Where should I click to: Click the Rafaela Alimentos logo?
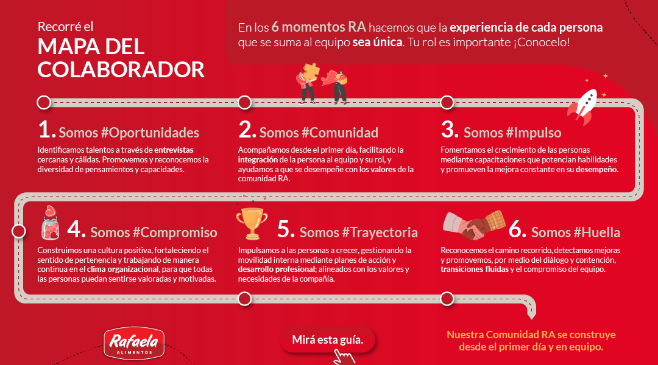click(134, 343)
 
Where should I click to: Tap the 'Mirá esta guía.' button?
click(328, 340)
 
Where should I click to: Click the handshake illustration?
click(474, 226)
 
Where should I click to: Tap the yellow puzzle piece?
click(311, 72)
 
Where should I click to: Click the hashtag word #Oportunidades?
click(150, 133)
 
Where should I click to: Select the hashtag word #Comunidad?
click(340, 133)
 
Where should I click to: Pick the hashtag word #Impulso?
click(533, 133)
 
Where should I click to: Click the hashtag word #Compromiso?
click(175, 232)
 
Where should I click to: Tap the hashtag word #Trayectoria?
click(380, 232)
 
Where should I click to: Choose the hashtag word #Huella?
click(596, 232)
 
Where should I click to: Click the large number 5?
click(286, 229)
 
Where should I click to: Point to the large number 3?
click(450, 129)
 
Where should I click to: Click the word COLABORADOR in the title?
click(121, 69)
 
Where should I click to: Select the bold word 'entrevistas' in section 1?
click(174, 150)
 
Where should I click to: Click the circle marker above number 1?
click(44, 102)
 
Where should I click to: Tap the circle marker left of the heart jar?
click(18, 231)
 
